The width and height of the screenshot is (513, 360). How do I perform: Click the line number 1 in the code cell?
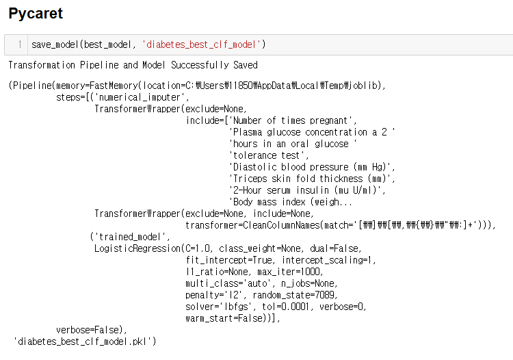point(20,44)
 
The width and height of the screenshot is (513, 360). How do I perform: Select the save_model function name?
point(55,44)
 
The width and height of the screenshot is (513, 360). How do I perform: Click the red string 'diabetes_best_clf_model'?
point(202,44)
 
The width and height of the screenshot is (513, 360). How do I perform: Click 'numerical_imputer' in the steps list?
point(151,97)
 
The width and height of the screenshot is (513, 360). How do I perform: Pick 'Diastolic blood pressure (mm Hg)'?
point(312,167)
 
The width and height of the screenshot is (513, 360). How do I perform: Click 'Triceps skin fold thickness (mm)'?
point(312,179)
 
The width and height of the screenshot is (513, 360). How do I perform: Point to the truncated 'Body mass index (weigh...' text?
point(291,202)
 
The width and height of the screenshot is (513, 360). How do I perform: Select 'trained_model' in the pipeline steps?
point(129,237)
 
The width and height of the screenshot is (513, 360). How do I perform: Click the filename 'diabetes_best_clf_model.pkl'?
point(85,341)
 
